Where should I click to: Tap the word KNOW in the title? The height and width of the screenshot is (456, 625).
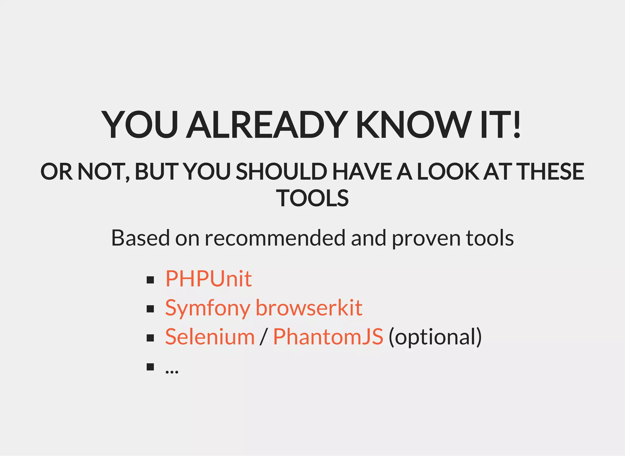414,125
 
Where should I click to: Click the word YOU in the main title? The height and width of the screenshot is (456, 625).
140,125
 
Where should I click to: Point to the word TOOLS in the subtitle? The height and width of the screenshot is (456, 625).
312,198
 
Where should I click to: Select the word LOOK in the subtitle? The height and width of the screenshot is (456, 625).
448,172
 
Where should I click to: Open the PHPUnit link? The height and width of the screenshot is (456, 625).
208,279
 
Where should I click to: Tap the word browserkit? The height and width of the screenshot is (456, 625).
309,308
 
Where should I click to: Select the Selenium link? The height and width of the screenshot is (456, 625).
210,337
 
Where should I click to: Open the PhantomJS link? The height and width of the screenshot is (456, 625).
328,337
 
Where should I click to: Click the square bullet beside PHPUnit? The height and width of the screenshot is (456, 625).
150,280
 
